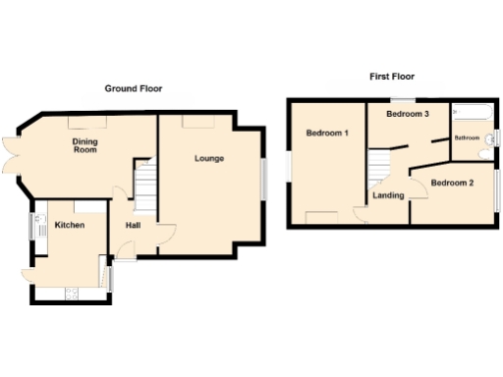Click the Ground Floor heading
click(x=134, y=88)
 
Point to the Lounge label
click(x=209, y=158)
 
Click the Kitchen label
click(x=69, y=226)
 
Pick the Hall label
click(x=132, y=226)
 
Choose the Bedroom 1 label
click(x=327, y=134)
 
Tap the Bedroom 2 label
click(x=452, y=184)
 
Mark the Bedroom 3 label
click(x=408, y=115)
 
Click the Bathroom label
click(x=466, y=138)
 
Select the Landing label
click(x=388, y=195)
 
